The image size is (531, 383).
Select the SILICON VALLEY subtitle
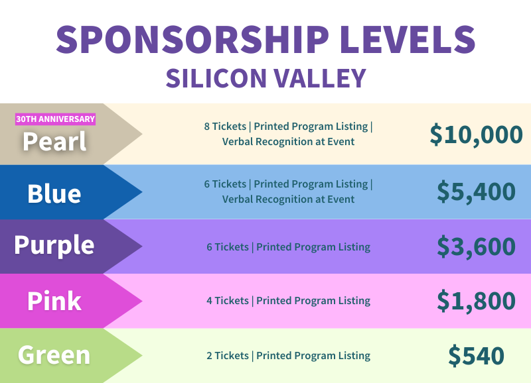coord(265,78)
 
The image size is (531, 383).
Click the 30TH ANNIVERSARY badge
coord(56,119)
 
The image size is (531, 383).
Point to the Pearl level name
coord(54,140)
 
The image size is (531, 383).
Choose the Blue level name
coord(54,193)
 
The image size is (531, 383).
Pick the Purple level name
coord(54,245)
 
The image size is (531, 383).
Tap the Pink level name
coord(54,301)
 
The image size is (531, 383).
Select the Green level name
coord(54,355)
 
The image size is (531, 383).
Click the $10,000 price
coord(476,135)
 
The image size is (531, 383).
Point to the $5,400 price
coord(476,191)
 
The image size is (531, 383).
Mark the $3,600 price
coord(476,246)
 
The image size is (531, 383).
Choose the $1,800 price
coord(476,300)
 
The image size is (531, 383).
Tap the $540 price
coord(476,355)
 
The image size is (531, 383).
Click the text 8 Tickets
coord(226,127)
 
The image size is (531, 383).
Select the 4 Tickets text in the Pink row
coord(228,301)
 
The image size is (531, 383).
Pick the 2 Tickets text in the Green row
coord(228,356)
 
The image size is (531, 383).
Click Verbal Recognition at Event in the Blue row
coord(288,199)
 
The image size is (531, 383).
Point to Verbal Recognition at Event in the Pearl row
coord(288,142)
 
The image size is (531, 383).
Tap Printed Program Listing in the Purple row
coord(313,247)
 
